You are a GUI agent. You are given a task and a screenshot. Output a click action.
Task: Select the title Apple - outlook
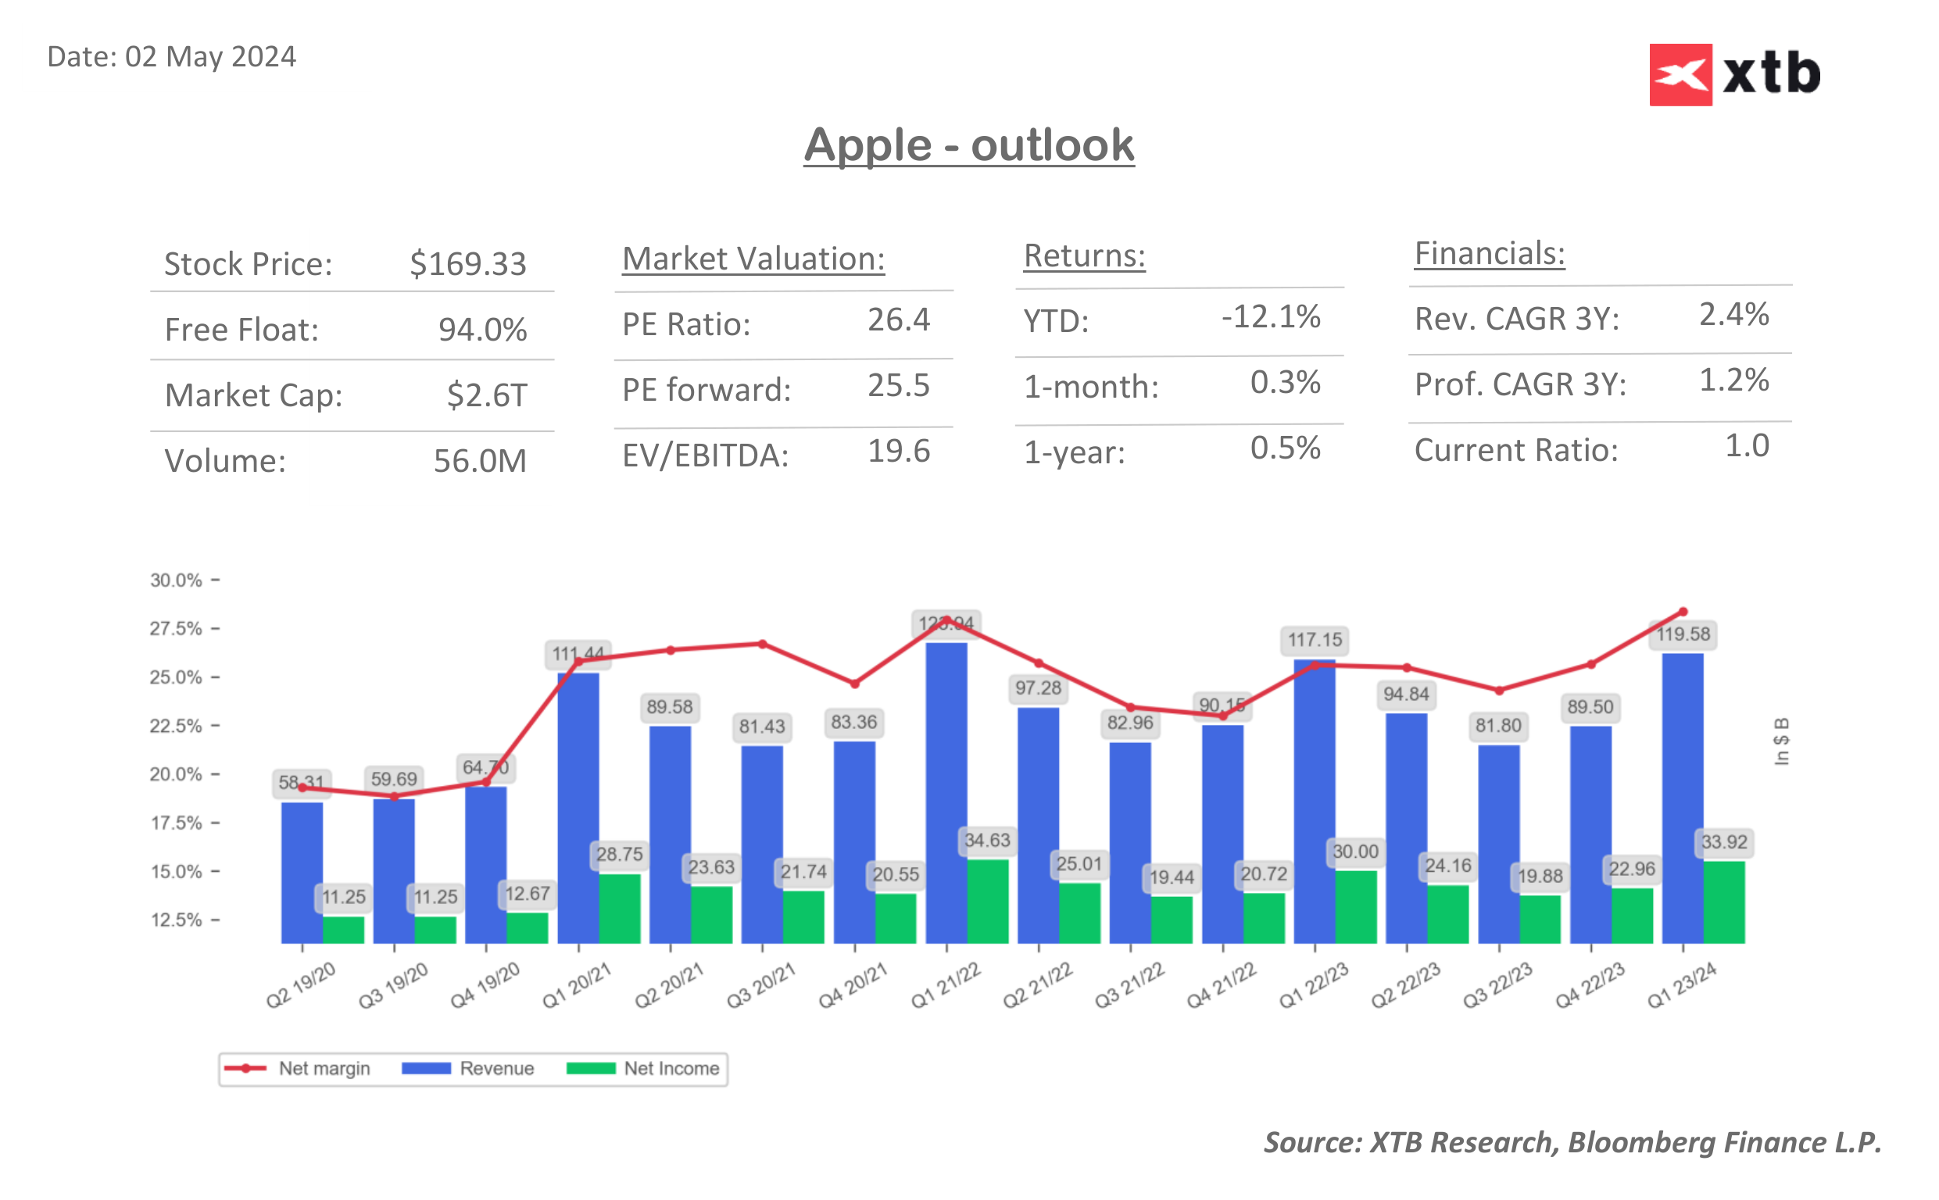click(x=968, y=145)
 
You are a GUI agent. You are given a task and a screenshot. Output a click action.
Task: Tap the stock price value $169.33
click(x=467, y=264)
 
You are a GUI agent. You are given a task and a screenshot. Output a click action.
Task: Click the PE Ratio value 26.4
click(x=898, y=320)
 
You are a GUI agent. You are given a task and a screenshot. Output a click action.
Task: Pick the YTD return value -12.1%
click(x=1270, y=316)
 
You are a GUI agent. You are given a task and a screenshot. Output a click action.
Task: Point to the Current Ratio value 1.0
click(x=1746, y=446)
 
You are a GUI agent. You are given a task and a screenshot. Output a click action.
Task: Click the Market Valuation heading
click(x=753, y=259)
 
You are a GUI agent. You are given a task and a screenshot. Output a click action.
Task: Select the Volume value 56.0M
click(x=479, y=461)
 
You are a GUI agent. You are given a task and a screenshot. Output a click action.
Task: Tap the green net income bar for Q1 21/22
click(x=987, y=901)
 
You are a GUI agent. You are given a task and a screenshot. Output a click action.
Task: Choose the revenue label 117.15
click(x=1315, y=640)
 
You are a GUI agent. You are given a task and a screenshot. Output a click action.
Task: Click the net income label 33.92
click(x=1724, y=842)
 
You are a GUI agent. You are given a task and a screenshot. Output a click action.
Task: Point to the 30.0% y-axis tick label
click(x=176, y=580)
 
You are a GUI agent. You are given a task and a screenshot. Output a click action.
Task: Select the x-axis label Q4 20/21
click(x=853, y=985)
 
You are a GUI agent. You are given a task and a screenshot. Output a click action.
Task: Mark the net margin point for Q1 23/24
click(x=1683, y=612)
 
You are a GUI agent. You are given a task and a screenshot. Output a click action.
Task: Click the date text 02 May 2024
click(x=210, y=57)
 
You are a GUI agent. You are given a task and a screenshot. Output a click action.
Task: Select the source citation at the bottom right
click(x=1572, y=1142)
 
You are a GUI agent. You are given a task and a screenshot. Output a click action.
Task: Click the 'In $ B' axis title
click(x=1781, y=742)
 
